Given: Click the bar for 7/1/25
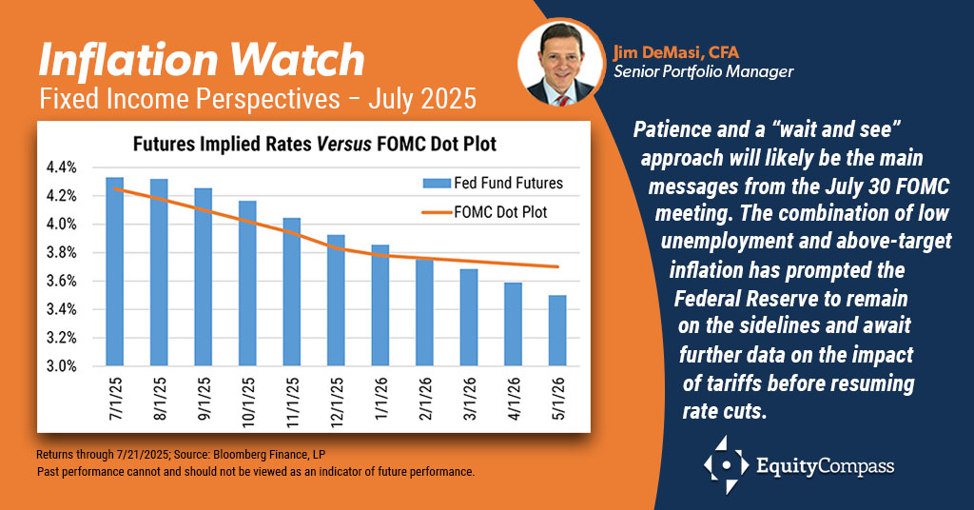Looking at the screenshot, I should coord(114,272).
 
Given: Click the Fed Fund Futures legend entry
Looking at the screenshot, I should coord(495,184).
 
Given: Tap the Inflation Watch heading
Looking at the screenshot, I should coord(201,60).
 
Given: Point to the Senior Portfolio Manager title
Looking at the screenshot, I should coord(703,71).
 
